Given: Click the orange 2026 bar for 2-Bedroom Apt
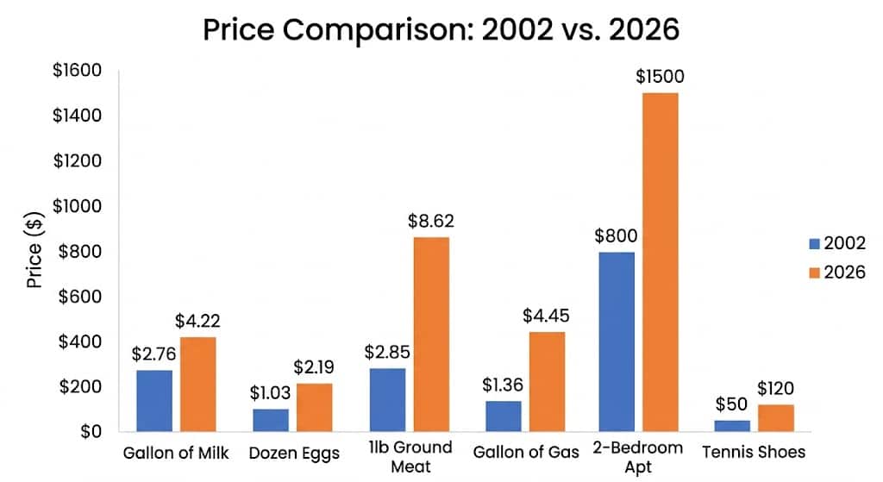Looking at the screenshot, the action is coord(661,262).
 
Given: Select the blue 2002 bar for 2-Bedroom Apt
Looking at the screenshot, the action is coord(617,341).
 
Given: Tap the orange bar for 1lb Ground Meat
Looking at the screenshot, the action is coord(431,335).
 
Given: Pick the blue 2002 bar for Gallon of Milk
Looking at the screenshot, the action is coord(154,401).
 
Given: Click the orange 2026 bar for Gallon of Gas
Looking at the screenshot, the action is coord(548,382).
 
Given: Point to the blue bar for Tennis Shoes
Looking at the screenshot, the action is coord(733,426).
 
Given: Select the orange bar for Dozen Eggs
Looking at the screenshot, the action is coord(314,408).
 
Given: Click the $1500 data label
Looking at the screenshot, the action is coord(660,77).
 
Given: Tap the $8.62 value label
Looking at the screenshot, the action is coord(431,221).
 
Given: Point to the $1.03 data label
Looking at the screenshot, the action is coord(270,392).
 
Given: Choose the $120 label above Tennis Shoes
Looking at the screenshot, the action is coord(775,388).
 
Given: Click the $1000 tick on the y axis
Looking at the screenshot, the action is coord(77,206).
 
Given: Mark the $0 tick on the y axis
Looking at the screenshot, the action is coord(91,431).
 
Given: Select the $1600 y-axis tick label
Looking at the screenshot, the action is coord(77,71).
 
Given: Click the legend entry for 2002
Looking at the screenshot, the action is coord(837,242).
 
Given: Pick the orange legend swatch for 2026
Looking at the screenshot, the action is coord(814,272).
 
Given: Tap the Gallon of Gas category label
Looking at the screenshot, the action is coord(526,452).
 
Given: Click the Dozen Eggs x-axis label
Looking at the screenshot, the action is coord(295,454).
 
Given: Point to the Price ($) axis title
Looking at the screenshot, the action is coord(34,249).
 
